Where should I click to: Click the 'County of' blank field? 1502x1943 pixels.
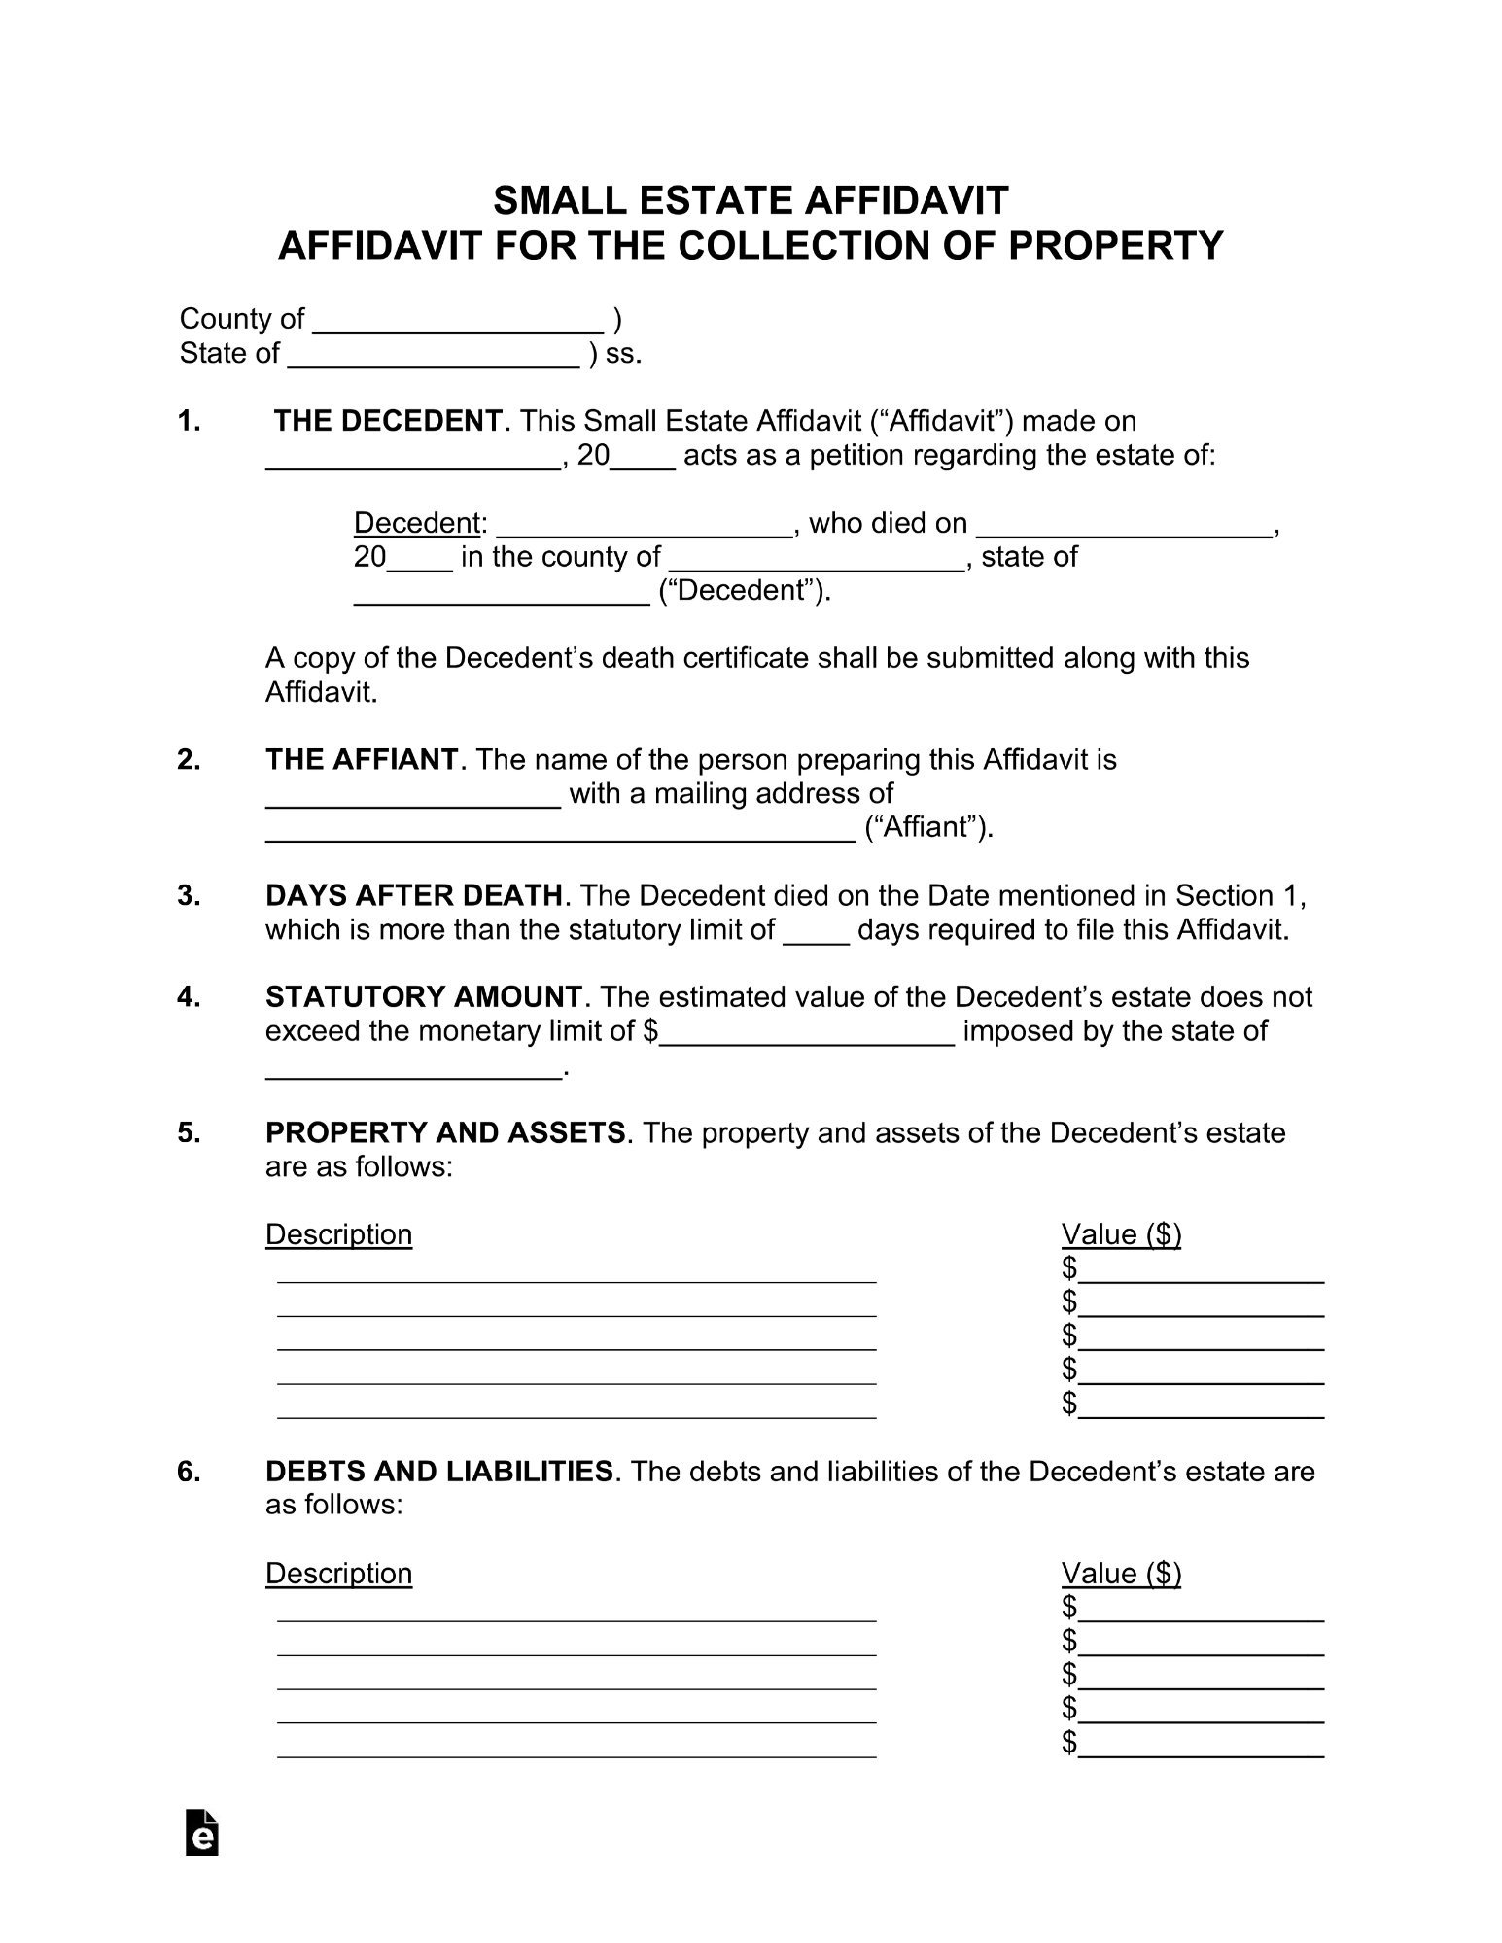458,321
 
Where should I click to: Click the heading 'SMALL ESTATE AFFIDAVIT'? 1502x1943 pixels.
751,201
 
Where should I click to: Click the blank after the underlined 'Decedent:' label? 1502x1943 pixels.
644,525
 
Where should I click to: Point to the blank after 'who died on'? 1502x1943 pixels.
1124,525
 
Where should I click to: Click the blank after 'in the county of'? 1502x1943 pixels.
817,559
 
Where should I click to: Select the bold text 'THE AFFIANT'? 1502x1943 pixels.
362,759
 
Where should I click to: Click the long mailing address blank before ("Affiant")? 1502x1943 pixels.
560,829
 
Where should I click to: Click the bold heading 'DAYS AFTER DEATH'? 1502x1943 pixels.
414,895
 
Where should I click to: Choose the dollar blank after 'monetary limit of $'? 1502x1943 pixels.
808,1033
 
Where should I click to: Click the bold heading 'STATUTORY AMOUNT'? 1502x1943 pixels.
424,997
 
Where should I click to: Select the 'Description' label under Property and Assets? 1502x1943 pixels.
338,1234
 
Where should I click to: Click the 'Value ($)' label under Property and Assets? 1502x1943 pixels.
1121,1234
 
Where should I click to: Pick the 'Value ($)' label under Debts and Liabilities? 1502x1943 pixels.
1121,1574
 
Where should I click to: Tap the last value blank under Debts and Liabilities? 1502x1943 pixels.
1202,1746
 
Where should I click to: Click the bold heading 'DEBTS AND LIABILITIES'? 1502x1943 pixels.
439,1472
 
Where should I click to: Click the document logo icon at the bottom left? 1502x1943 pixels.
201,1833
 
